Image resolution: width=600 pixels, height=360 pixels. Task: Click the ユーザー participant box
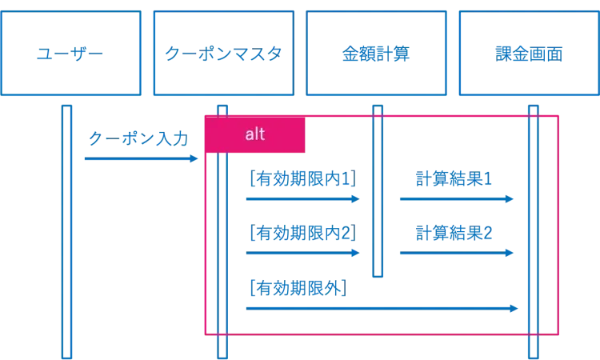(72, 53)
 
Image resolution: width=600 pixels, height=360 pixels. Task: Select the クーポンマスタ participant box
(223, 53)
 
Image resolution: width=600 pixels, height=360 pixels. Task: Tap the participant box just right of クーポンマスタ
(375, 53)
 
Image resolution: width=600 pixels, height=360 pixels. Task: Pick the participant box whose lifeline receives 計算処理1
(527, 53)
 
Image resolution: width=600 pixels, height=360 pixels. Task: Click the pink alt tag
(255, 134)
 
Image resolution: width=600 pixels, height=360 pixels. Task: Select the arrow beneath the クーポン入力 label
(140, 160)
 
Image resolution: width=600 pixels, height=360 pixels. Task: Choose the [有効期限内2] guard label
(302, 233)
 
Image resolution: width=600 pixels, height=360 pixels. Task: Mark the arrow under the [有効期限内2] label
(302, 253)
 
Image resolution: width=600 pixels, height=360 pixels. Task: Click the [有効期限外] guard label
(297, 286)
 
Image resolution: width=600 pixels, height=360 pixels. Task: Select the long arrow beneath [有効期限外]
(380, 307)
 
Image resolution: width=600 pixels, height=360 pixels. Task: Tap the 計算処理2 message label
(454, 233)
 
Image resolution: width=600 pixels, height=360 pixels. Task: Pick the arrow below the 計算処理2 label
(454, 253)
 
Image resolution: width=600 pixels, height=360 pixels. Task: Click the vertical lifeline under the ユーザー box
(67, 240)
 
